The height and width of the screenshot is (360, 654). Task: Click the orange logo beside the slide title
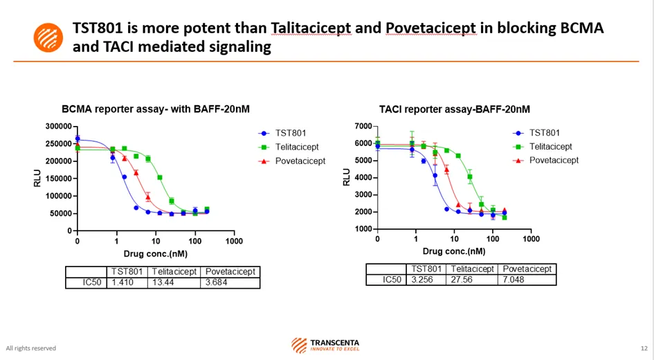click(x=48, y=37)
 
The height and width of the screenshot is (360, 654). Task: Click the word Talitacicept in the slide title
click(x=311, y=28)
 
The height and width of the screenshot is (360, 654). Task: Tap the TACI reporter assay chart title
click(x=455, y=109)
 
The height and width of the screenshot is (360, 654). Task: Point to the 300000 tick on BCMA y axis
click(x=58, y=127)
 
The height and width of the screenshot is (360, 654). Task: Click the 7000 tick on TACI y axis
click(x=363, y=127)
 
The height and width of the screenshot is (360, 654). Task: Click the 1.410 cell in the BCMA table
click(x=127, y=282)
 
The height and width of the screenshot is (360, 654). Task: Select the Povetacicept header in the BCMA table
click(x=230, y=272)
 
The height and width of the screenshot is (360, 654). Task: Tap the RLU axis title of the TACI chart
click(x=347, y=178)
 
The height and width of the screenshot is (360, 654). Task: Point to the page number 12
click(x=644, y=348)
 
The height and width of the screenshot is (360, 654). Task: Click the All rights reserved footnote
click(x=31, y=348)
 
